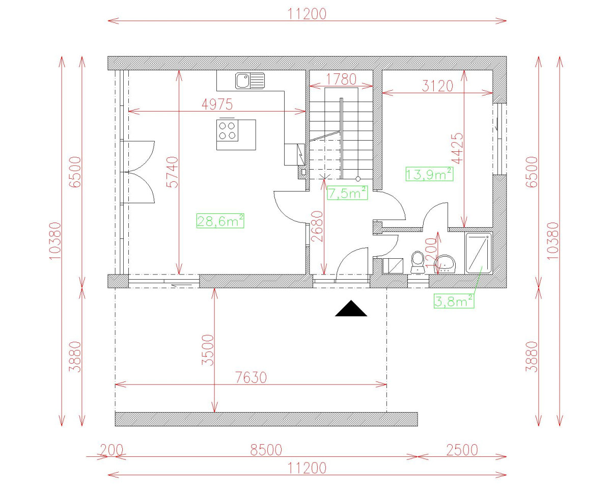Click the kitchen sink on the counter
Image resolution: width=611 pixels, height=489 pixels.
(x=250, y=80)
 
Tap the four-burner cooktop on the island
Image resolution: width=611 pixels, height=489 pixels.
(x=227, y=130)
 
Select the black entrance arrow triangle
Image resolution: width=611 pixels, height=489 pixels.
(x=351, y=308)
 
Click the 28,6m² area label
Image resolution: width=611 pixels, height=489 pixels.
(x=220, y=221)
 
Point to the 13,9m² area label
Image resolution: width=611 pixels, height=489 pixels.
(x=429, y=174)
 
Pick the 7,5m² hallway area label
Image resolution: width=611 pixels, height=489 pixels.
(x=347, y=193)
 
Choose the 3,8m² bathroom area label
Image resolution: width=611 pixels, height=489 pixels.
(x=454, y=301)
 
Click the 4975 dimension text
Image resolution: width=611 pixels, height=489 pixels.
(x=217, y=104)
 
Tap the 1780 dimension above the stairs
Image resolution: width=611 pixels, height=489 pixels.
(x=341, y=79)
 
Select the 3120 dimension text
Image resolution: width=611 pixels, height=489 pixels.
(x=437, y=86)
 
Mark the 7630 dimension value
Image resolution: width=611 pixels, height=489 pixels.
(x=251, y=377)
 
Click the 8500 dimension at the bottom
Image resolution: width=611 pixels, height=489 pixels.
(x=266, y=450)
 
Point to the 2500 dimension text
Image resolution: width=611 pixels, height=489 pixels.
(x=462, y=450)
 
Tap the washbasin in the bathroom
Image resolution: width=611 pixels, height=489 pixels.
(x=445, y=264)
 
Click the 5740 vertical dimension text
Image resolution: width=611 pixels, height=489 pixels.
(x=173, y=172)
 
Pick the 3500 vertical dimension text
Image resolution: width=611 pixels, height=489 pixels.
(x=208, y=350)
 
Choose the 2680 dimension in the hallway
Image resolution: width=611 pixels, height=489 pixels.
(x=317, y=227)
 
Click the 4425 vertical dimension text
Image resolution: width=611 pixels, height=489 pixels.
(x=457, y=148)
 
